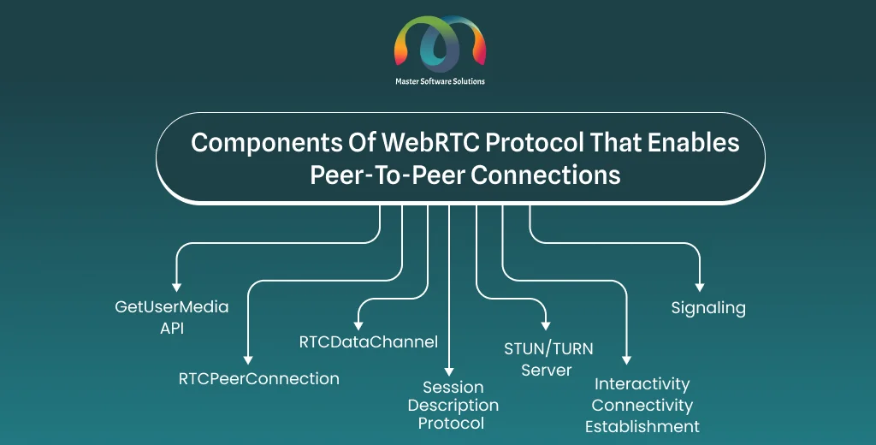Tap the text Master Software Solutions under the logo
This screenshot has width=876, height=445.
[441, 81]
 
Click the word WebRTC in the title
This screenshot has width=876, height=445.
[431, 143]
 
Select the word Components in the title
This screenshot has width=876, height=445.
[266, 144]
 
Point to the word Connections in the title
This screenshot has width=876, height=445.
[546, 175]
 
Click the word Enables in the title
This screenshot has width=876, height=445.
[693, 143]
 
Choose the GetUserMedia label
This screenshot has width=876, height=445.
[172, 307]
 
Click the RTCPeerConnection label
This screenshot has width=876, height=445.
[258, 378]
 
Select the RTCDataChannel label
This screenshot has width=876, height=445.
[369, 341]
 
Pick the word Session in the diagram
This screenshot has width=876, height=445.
[453, 388]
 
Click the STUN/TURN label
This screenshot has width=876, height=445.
[548, 349]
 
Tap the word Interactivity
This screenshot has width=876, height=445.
[642, 384]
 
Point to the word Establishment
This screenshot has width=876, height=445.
[642, 426]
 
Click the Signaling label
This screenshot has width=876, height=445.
[708, 308]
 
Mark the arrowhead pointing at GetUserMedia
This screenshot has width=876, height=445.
[176, 288]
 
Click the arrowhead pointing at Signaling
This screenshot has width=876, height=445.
[700, 288]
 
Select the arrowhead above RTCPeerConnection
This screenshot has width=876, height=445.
[248, 360]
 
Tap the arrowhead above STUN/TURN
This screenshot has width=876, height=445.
[546, 326]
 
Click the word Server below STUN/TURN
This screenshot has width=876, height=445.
[547, 370]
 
